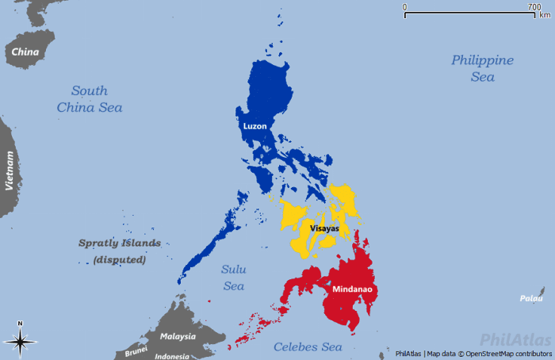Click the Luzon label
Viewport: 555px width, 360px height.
tap(255, 125)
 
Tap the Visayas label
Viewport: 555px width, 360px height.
tap(324, 228)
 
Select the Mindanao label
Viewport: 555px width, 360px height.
tap(354, 289)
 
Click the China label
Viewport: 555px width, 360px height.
tap(25, 52)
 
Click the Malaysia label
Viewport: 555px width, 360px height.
tap(178, 336)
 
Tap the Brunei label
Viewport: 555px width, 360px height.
tap(136, 350)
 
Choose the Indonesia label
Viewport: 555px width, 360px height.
tap(172, 356)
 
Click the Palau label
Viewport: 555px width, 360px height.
tap(531, 298)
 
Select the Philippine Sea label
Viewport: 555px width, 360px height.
tap(482, 68)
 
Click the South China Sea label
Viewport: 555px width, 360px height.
tap(89, 98)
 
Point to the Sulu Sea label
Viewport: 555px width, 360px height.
tap(233, 278)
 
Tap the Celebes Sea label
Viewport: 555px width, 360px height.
tap(308, 347)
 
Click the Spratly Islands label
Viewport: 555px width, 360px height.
tap(120, 243)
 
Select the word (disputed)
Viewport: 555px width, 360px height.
tap(120, 259)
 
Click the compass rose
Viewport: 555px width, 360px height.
tap(21, 340)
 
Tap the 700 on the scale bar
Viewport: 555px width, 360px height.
tap(534, 6)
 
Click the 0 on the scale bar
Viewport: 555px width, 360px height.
tap(405, 6)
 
